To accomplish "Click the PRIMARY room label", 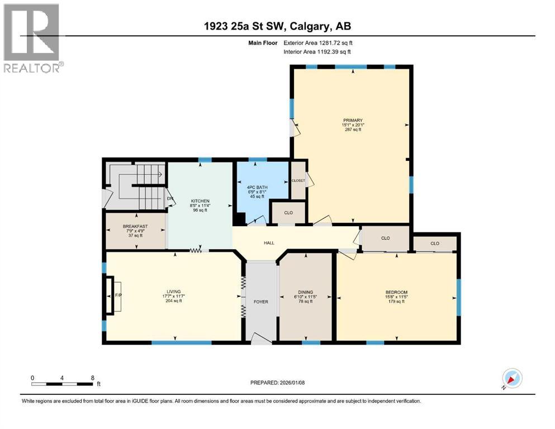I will coord(353,120).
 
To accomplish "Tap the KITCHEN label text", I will coord(200,201).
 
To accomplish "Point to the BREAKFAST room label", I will coord(135,226).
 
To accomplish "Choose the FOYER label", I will coord(261,302).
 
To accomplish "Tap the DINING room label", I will coord(305,291).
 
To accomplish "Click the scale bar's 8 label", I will coord(92,378).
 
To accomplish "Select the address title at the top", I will coord(277,26).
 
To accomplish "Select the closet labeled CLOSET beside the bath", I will coord(298,180).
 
